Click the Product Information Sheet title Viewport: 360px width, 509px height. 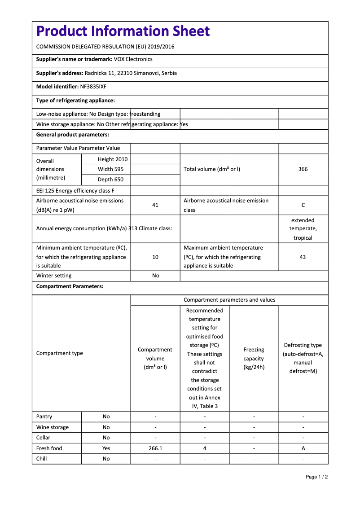pyautogui.click(x=123, y=31)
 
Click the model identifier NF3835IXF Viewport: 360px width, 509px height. pyautogui.click(x=93, y=87)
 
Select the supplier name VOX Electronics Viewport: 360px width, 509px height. pyautogui.click(x=133, y=59)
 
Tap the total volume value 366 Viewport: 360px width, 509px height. pyautogui.click(x=303, y=169)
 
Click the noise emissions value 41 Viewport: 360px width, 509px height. pyautogui.click(x=155, y=205)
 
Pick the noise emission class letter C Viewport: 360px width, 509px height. pyautogui.click(x=303, y=205)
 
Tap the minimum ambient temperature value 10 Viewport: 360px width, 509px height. pyautogui.click(x=155, y=257)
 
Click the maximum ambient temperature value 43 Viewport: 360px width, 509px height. pyautogui.click(x=303, y=257)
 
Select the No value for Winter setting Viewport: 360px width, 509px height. pyautogui.click(x=155, y=276)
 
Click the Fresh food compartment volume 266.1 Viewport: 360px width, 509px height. pyautogui.click(x=155, y=448)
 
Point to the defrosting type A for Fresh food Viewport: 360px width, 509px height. pyautogui.click(x=303, y=448)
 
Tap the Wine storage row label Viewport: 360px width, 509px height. pyautogui.click(x=53, y=427)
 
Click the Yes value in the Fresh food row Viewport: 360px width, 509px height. pyautogui.click(x=106, y=448)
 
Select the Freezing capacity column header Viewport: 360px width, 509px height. pyautogui.click(x=254, y=358)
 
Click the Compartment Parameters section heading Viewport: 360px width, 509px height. pyautogui.click(x=70, y=286)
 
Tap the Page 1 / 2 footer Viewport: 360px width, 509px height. pyautogui.click(x=316, y=477)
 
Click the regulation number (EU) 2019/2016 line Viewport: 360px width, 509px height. pyautogui.click(x=105, y=47)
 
